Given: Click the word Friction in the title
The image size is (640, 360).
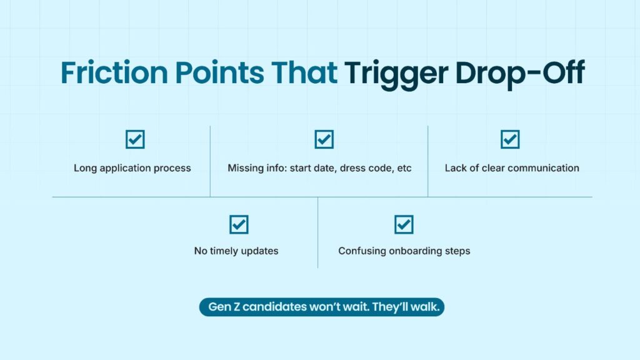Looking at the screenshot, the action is pos(114,72).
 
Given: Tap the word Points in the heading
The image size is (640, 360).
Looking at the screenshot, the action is pos(219,72).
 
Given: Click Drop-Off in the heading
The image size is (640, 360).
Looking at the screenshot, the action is pos(520,74).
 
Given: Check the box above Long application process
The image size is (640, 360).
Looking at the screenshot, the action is pos(135,139).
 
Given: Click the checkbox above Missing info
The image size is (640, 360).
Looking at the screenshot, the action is pos(324,139).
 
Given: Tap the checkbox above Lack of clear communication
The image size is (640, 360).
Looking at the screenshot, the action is pos(510,139).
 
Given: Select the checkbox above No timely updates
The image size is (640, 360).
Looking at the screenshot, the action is pos(239,224).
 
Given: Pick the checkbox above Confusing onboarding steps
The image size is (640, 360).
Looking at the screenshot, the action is pos(404,224).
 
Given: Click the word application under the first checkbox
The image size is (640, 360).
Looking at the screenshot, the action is pos(125,168).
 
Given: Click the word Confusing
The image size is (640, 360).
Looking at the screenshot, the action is pos(362,251).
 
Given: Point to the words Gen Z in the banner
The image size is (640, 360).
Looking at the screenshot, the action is pos(224,306).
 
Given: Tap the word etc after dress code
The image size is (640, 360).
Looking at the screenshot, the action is pos(404,168).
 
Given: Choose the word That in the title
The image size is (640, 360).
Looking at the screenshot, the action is pos(304,72).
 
